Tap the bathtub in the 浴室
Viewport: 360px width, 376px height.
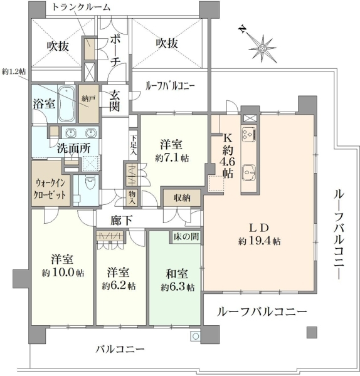click(67, 103)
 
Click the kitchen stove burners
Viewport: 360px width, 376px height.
click(249, 133)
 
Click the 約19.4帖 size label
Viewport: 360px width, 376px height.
click(259, 241)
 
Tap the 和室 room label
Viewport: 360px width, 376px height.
click(177, 274)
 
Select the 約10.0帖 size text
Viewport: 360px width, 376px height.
click(63, 273)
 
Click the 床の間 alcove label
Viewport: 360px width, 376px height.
click(186, 237)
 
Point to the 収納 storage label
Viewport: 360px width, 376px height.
click(182, 197)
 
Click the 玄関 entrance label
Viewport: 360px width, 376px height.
click(114, 101)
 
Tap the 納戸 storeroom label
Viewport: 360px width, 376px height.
click(89, 98)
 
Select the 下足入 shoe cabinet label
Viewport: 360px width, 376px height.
click(133, 144)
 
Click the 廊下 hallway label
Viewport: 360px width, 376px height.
click(122, 221)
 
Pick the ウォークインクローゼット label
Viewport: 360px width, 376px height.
click(50, 189)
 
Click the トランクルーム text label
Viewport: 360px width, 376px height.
click(81, 7)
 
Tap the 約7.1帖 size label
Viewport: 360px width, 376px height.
click(172, 159)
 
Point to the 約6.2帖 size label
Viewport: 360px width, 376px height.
click(119, 286)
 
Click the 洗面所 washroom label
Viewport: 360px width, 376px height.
click(73, 149)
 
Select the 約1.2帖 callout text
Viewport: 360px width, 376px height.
click(14, 71)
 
